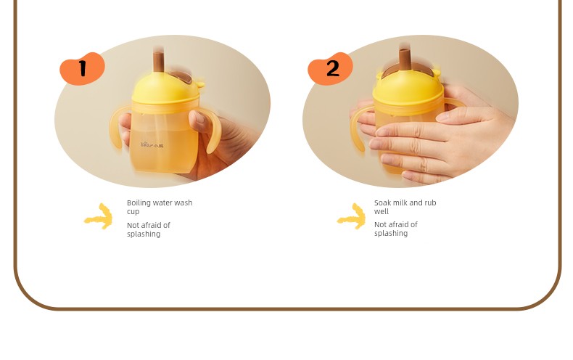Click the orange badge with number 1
(82, 68)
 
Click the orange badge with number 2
(330, 68)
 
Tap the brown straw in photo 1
(158, 62)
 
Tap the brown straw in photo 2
(404, 60)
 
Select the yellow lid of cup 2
(408, 87)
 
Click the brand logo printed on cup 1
(152, 145)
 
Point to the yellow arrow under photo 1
(99, 216)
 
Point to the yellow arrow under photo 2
(352, 216)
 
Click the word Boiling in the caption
(138, 203)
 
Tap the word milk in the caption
(400, 202)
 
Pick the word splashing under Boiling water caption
(144, 234)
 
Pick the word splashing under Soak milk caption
(391, 234)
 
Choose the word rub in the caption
(429, 202)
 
